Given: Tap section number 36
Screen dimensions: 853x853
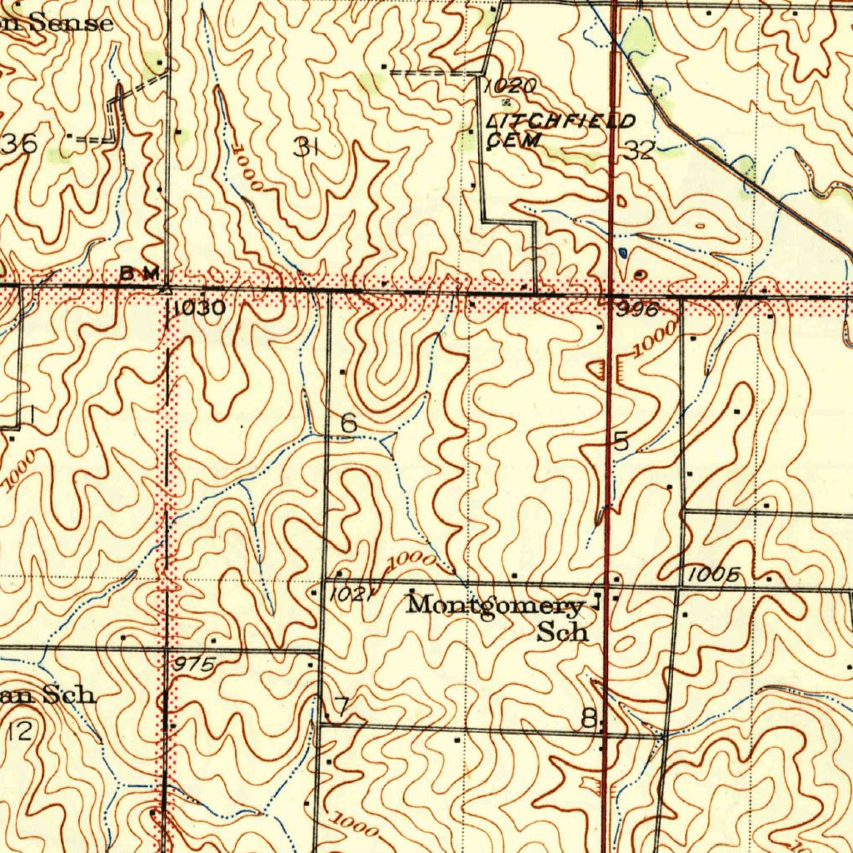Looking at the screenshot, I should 20,144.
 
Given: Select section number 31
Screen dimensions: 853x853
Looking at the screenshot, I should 307,147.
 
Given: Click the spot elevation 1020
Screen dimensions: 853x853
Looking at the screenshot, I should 510,86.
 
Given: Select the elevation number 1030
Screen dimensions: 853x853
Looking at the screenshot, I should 199,308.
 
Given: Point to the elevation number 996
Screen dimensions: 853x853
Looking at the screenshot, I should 638,309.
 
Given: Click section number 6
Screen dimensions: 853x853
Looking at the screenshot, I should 349,424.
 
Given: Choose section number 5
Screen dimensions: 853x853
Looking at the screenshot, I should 621,442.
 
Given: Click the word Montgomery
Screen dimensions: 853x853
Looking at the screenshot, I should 495,606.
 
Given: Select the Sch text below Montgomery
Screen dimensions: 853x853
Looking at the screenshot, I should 562,632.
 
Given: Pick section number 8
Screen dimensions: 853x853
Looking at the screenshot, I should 589,718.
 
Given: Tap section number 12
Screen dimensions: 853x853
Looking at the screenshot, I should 20,731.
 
